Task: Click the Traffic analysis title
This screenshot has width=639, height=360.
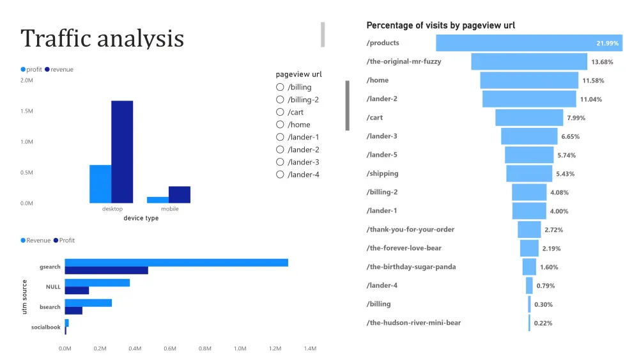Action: (x=102, y=38)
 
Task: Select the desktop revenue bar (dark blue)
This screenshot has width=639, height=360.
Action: (x=122, y=152)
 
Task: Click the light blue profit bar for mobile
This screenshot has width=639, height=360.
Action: (x=158, y=200)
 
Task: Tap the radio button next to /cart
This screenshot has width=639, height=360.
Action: (x=280, y=112)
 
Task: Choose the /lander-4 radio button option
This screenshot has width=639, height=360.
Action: (x=280, y=175)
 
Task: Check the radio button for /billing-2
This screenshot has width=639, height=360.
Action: (x=280, y=100)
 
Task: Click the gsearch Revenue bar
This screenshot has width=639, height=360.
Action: (x=176, y=263)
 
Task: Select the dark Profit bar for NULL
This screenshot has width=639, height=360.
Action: (x=77, y=290)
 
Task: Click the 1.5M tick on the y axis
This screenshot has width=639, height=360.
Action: (x=26, y=111)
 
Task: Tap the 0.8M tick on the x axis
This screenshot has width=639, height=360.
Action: (x=204, y=348)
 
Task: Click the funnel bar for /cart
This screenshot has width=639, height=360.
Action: (x=529, y=118)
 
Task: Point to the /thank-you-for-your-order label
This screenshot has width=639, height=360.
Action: (x=410, y=230)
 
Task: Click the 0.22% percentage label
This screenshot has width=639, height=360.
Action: (x=543, y=323)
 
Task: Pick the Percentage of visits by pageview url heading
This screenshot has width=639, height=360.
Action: (x=440, y=26)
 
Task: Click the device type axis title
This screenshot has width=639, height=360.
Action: (x=141, y=218)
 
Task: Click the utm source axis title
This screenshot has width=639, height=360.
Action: (x=25, y=296)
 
